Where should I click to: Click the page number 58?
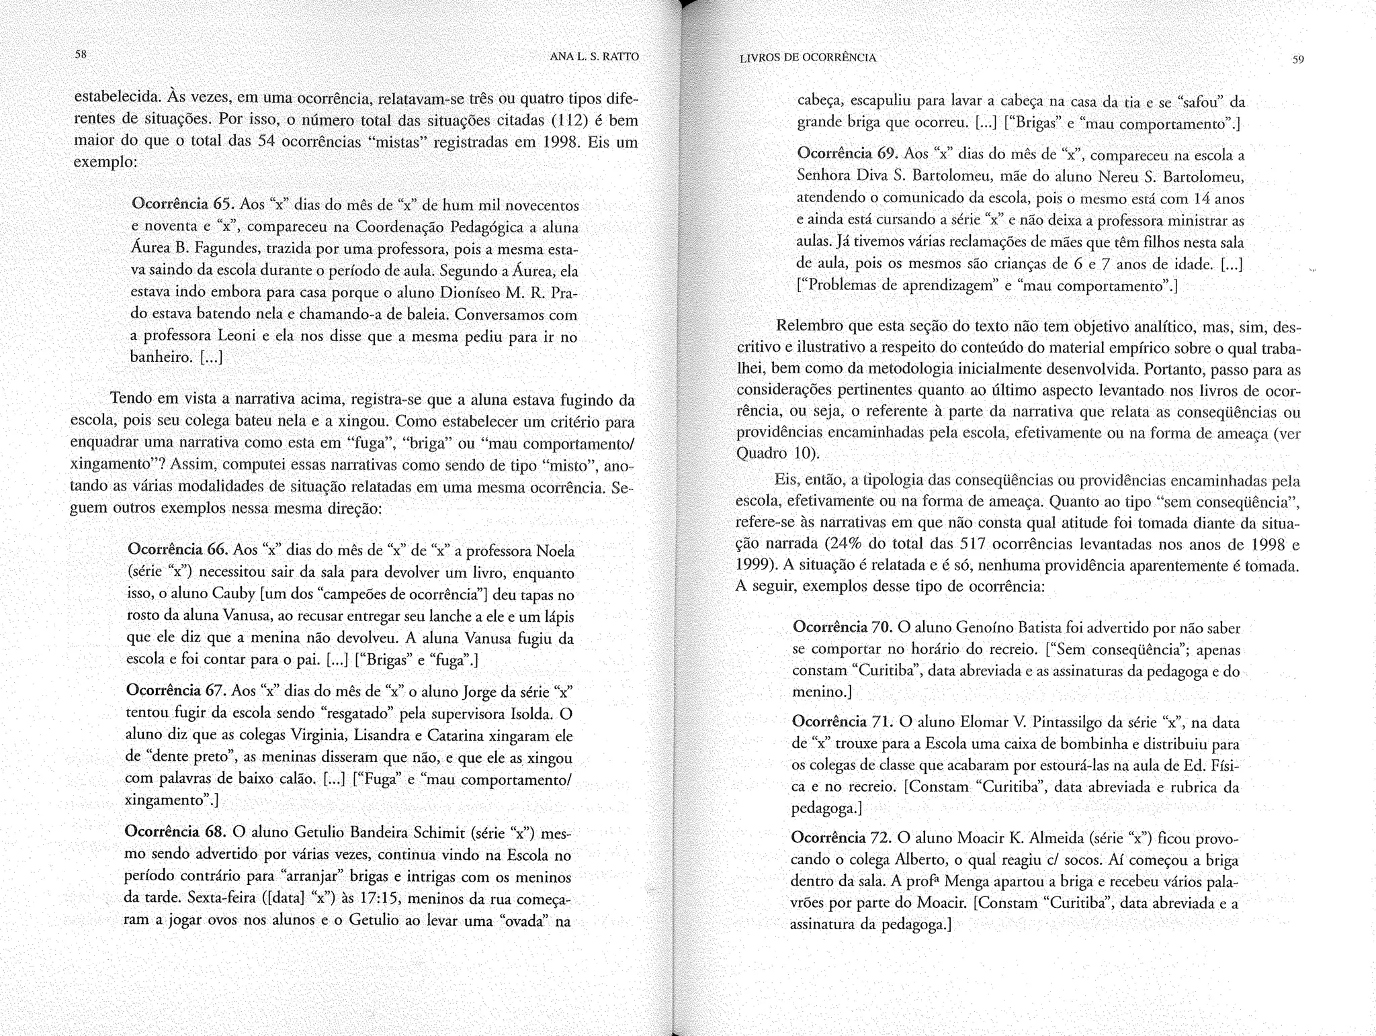(x=80, y=55)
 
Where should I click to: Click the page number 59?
(x=1297, y=60)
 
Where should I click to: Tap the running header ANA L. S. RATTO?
(x=594, y=57)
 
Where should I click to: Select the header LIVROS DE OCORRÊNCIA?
(x=808, y=58)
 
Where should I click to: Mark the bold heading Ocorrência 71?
(x=842, y=722)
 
